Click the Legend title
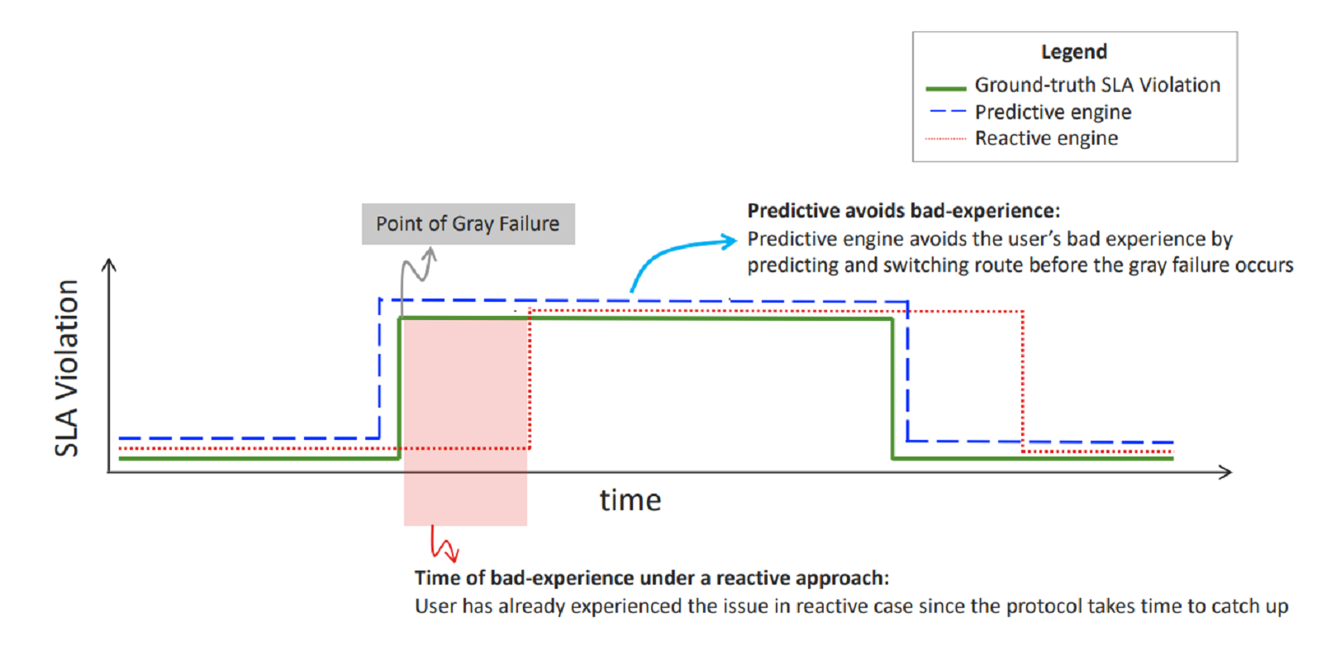pyautogui.click(x=1073, y=52)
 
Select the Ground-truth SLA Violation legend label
pyautogui.click(x=1096, y=85)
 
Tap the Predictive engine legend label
pyautogui.click(x=1053, y=112)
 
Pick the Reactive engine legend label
pyautogui.click(x=1046, y=138)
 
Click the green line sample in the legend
pyautogui.click(x=946, y=88)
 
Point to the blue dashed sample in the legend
pyautogui.click(x=946, y=111)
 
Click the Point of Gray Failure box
pyautogui.click(x=468, y=224)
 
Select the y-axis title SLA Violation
pyautogui.click(x=67, y=368)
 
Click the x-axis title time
pyautogui.click(x=630, y=500)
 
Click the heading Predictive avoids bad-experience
pyautogui.click(x=903, y=211)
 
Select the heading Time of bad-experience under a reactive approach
pyautogui.click(x=651, y=578)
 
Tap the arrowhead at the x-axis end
pyautogui.click(x=1225, y=472)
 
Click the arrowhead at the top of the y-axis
pyautogui.click(x=109, y=265)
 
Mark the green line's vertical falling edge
pyautogui.click(x=892, y=389)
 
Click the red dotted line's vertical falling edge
pyautogui.click(x=1023, y=380)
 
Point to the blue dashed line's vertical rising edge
pyautogui.click(x=379, y=368)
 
